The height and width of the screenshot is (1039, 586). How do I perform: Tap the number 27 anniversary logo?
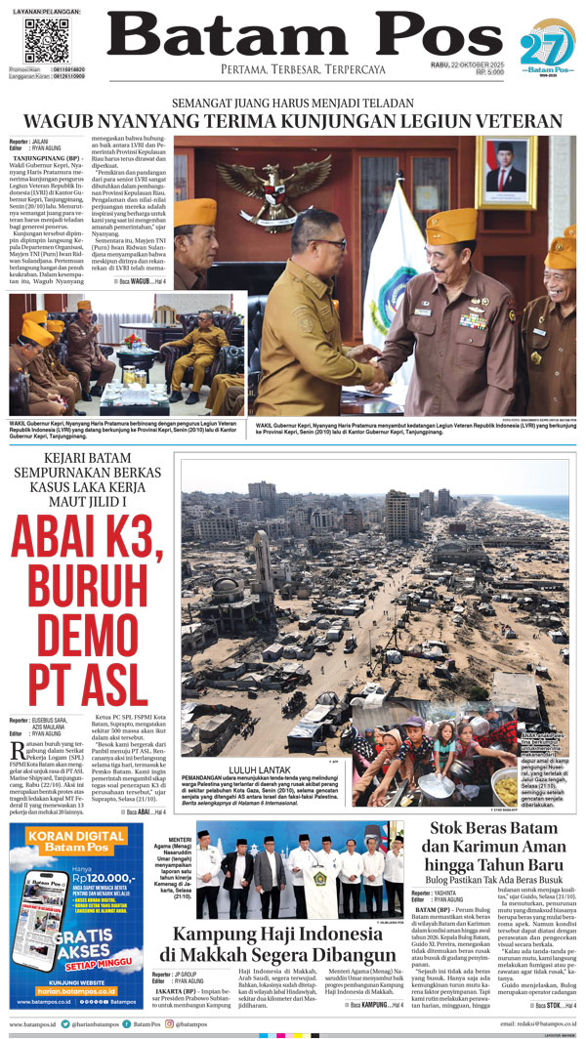tap(541, 46)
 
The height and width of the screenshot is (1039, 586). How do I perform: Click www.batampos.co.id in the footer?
tap(33, 1023)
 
